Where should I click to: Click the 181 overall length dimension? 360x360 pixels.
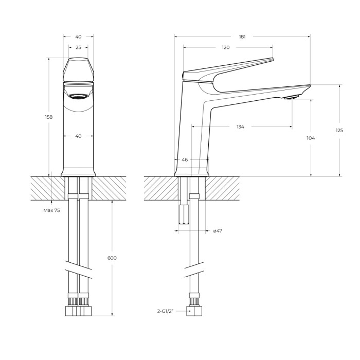tap(242, 37)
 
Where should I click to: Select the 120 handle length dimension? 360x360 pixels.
tap(226, 47)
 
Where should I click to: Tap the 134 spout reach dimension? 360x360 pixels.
tap(240, 127)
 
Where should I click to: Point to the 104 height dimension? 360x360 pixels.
tap(311, 138)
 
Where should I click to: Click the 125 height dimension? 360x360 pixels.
tap(339, 131)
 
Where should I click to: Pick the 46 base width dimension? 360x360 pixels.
tap(185, 160)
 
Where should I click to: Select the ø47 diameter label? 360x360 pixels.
tap(218, 231)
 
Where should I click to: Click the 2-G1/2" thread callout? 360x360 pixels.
tap(166, 311)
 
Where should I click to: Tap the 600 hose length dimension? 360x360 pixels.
tap(112, 258)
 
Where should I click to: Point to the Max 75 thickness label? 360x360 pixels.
tap(51, 210)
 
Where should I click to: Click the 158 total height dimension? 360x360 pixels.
tap(49, 117)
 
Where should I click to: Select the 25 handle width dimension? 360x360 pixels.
tap(78, 47)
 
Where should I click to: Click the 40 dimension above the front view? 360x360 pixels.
tap(78, 37)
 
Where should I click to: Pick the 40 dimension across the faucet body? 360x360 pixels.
tap(78, 136)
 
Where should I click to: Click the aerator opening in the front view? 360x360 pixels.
tap(78, 96)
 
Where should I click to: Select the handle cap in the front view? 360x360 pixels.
tap(78, 69)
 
